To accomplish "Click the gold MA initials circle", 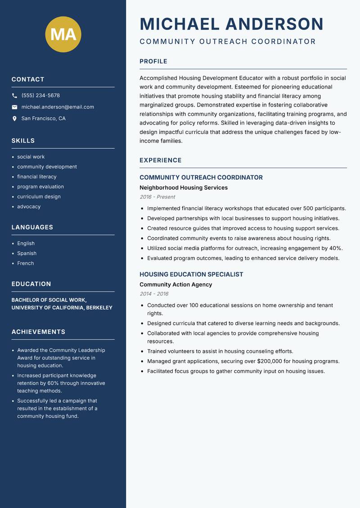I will click(x=63, y=34).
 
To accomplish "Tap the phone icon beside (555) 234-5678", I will click(x=14, y=96).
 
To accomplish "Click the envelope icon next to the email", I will click(x=14, y=107).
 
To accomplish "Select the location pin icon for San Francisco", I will click(x=14, y=119).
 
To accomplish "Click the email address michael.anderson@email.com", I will click(x=58, y=107).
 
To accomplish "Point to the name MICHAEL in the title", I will click(x=180, y=24).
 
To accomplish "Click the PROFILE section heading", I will click(x=153, y=62).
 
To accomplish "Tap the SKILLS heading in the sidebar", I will click(x=23, y=141).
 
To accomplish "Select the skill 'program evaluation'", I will click(x=40, y=187).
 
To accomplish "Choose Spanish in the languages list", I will click(x=27, y=253).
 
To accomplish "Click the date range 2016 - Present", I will click(x=157, y=197).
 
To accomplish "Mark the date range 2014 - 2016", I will click(x=154, y=294).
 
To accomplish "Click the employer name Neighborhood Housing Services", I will click(x=184, y=187).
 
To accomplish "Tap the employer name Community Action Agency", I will click(x=175, y=285).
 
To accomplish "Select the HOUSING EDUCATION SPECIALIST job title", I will click(x=191, y=274).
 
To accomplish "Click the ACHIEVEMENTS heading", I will click(x=38, y=332).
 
